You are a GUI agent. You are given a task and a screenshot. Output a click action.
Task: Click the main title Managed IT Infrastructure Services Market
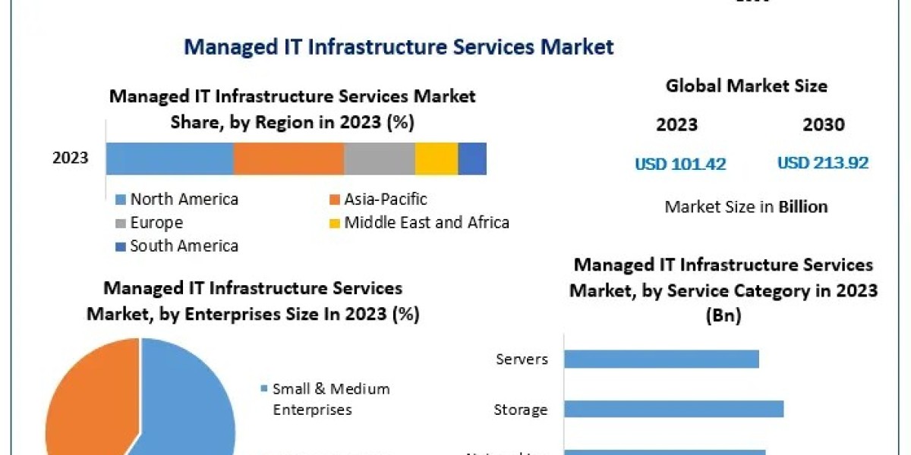click(399, 47)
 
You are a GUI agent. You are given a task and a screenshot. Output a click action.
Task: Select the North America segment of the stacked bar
click(169, 158)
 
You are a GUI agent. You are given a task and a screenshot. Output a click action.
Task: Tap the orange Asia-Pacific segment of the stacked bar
click(288, 158)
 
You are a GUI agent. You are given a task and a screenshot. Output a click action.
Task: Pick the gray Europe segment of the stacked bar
click(380, 158)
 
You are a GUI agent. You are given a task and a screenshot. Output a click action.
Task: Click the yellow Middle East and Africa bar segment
click(437, 158)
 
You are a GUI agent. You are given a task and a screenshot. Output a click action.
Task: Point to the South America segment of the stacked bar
click(472, 158)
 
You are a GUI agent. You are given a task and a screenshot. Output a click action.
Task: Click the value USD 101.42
click(680, 164)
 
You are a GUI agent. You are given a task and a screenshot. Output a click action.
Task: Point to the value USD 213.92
click(823, 163)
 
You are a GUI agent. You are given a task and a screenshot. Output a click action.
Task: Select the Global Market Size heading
click(746, 86)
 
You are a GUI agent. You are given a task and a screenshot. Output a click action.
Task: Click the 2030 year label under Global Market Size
click(824, 125)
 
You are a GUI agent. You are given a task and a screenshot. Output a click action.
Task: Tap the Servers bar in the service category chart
click(661, 359)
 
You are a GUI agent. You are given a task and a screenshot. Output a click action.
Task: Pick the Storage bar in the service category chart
click(673, 409)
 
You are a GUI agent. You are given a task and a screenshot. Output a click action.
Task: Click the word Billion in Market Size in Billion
click(803, 206)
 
